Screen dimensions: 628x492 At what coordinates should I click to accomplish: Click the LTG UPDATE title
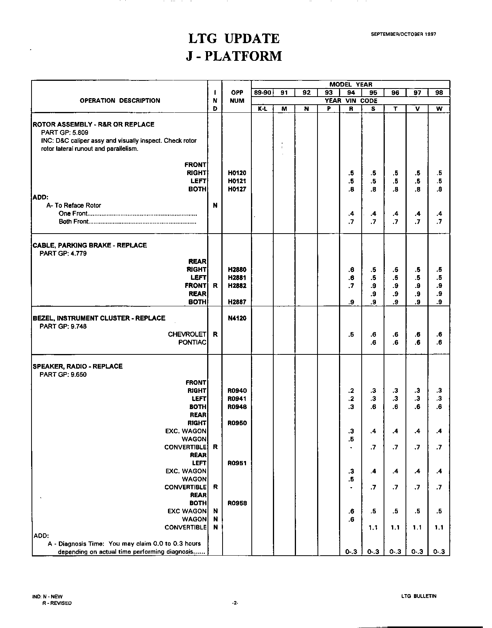(234, 38)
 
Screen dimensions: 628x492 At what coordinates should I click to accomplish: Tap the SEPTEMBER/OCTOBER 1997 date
(403, 34)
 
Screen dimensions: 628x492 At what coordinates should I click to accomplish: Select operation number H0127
(237, 189)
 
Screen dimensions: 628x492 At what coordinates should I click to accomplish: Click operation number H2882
(237, 286)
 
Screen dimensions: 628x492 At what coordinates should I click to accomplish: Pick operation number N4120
(237, 318)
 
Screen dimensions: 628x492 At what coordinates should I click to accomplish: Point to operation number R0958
(237, 503)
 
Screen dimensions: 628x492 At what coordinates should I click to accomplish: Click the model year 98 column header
(439, 93)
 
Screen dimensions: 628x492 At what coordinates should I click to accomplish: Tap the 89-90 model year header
(262, 93)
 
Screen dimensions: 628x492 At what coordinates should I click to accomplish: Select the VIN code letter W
(439, 109)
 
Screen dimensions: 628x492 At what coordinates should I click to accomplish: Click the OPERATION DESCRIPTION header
(120, 101)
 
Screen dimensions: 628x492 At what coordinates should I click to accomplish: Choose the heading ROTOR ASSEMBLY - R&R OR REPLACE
(93, 125)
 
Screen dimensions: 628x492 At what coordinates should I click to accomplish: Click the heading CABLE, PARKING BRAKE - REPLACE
(90, 246)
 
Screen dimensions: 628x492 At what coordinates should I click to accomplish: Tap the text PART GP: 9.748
(63, 326)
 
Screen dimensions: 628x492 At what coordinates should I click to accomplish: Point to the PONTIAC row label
(192, 342)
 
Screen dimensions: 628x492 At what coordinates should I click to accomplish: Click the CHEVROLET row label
(187, 334)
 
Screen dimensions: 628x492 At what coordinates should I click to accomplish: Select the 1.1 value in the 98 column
(439, 528)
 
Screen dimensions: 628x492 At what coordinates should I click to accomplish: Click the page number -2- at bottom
(235, 603)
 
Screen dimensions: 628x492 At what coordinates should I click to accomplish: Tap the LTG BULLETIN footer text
(419, 596)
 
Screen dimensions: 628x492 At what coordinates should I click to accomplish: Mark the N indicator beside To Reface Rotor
(215, 205)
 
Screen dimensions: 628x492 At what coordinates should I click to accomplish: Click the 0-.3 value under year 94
(351, 552)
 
